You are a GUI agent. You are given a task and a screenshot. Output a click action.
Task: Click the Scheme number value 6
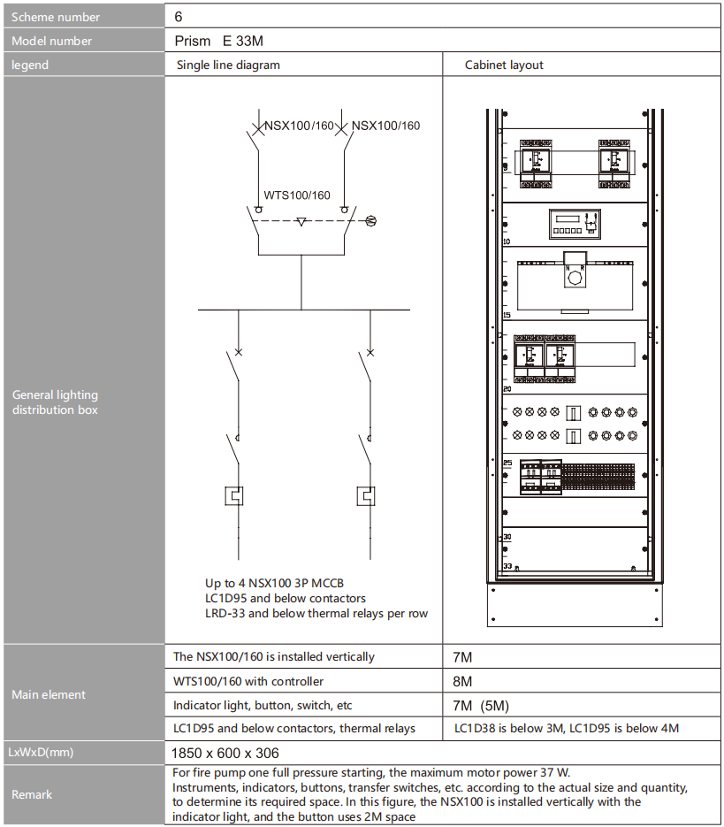179,17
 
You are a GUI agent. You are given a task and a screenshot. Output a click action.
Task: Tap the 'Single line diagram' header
228,65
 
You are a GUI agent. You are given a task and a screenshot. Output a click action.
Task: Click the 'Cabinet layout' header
504,65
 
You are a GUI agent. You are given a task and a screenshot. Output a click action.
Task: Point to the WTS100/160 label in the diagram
297,195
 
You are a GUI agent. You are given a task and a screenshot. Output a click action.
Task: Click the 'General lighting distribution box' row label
55,402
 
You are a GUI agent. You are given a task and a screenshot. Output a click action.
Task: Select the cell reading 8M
462,682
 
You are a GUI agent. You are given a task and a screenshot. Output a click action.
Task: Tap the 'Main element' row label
49,694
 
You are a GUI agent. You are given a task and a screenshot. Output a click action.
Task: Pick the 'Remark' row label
32,794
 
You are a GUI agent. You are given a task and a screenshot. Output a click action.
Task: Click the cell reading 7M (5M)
481,705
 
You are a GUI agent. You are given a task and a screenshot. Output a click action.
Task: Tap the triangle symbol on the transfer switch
301,221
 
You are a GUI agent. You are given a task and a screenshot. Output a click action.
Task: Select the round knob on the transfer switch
575,277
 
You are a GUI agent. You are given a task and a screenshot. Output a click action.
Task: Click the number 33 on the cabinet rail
507,564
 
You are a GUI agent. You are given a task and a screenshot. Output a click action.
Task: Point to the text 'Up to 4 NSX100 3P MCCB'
276,584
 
